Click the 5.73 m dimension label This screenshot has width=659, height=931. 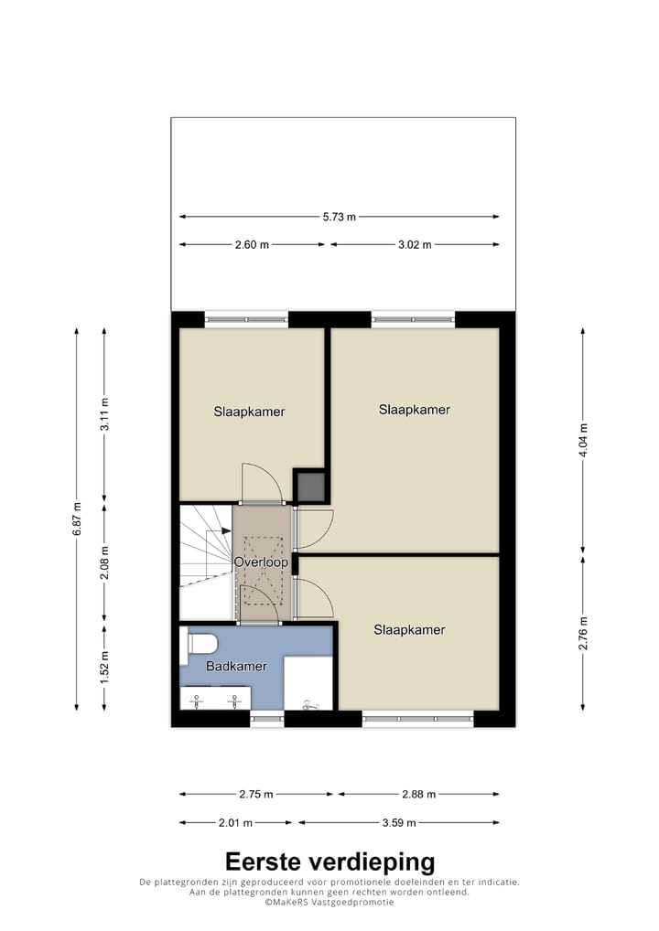click(x=340, y=217)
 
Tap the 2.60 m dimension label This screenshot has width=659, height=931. click(x=252, y=244)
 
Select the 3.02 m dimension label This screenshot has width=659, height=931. click(x=415, y=244)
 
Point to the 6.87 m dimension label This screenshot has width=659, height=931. click(x=77, y=519)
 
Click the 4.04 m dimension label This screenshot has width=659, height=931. click(x=583, y=440)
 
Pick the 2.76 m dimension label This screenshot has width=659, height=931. click(x=583, y=633)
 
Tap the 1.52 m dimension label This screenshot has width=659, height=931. click(x=104, y=667)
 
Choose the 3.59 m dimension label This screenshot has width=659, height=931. click(x=399, y=822)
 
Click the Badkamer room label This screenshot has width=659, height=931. click(x=236, y=666)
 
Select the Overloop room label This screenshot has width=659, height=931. click(x=261, y=562)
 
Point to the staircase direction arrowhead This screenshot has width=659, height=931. click(x=226, y=530)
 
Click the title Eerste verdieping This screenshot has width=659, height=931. click(x=329, y=861)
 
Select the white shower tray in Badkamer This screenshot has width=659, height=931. click(x=308, y=683)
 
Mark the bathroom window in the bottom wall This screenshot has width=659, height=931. click(x=267, y=719)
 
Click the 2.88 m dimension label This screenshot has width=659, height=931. click(x=419, y=794)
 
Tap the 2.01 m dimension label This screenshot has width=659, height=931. click(x=235, y=822)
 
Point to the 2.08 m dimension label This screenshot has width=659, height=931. click(x=104, y=562)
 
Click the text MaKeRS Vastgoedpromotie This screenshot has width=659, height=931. click(x=329, y=902)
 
